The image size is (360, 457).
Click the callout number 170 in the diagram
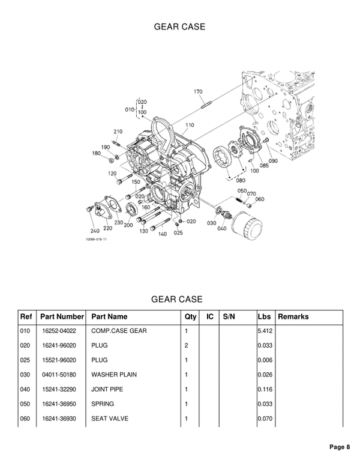198,91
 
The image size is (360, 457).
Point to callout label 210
118,132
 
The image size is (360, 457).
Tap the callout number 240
95,231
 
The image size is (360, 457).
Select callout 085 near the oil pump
265,166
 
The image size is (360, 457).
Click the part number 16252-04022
59,331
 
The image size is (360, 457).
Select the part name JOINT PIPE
106,389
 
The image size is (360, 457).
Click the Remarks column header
293,316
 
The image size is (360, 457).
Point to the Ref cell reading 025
25,360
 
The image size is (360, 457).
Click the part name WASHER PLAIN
114,374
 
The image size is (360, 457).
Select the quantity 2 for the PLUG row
187,345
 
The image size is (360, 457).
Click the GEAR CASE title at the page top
179,27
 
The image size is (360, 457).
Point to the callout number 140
163,234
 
